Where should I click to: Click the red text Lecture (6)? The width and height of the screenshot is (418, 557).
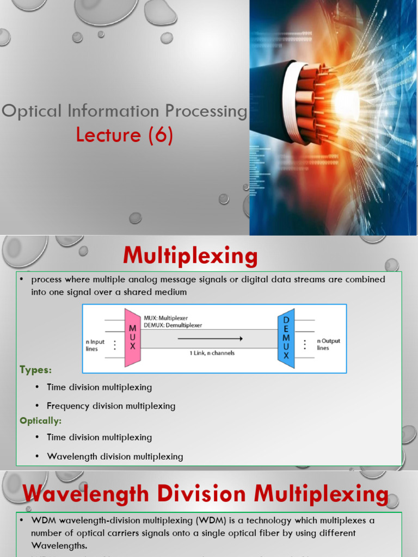[x=125, y=134]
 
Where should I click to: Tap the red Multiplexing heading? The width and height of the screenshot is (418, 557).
[x=189, y=256]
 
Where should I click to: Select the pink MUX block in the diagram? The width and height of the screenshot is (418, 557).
[x=132, y=337]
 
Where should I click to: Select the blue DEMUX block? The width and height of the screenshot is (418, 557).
[x=286, y=337]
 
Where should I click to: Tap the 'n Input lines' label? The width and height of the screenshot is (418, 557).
[x=95, y=345]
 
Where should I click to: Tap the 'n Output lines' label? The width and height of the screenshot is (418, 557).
[x=328, y=344]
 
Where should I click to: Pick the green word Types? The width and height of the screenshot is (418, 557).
[x=36, y=370]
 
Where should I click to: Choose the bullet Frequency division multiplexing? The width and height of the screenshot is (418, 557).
[x=111, y=406]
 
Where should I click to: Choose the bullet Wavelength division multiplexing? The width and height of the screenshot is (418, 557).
[x=115, y=456]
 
